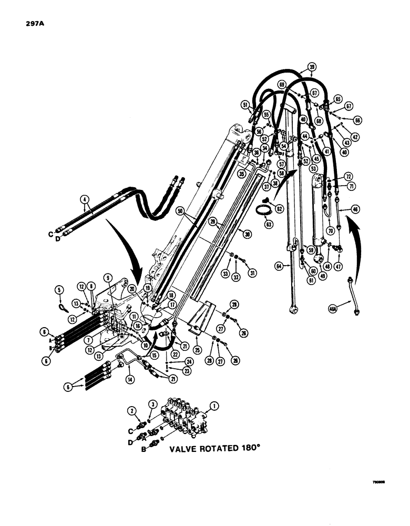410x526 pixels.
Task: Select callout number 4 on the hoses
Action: click(x=83, y=199)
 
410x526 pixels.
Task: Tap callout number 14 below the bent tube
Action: click(x=129, y=377)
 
